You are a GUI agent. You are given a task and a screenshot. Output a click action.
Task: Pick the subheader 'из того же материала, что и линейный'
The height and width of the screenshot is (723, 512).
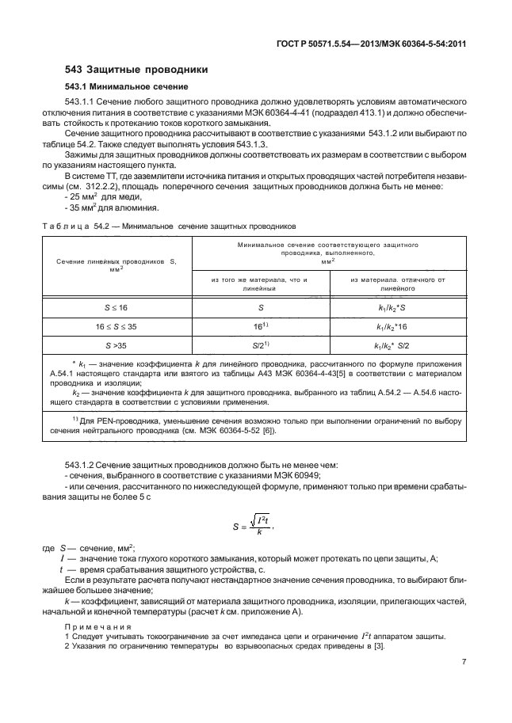click(258, 284)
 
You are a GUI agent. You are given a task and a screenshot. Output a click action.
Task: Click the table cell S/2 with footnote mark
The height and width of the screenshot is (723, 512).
click(258, 345)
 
